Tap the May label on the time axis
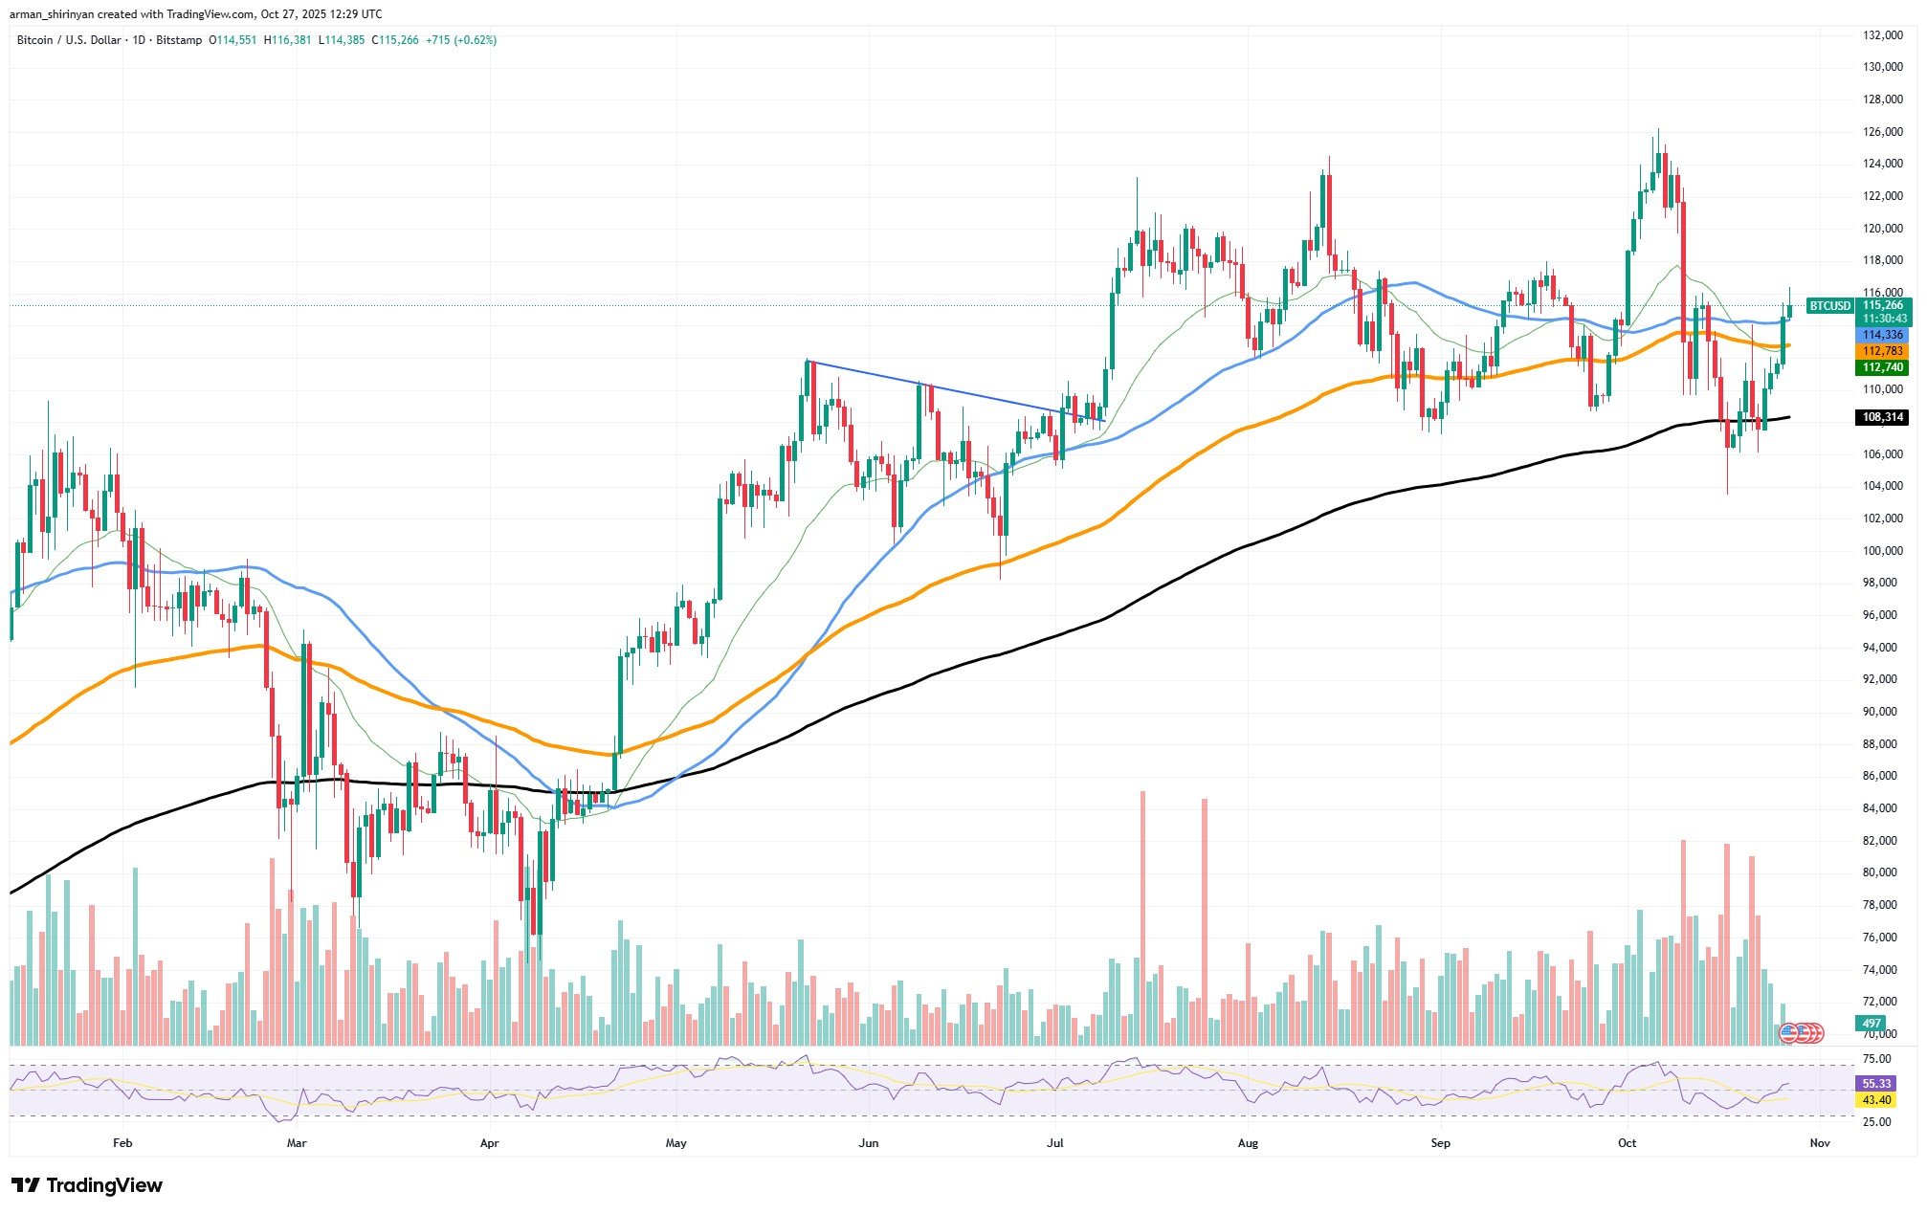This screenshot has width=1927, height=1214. coord(676,1142)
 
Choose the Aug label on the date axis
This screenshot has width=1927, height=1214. coord(1248,1142)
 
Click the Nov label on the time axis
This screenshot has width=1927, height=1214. coord(1820,1142)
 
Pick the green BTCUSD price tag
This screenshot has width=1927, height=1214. coord(1828,306)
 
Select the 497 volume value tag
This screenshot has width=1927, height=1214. coord(1872,1024)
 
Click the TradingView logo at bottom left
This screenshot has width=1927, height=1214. coord(86,1185)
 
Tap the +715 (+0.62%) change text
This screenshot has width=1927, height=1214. coord(461,40)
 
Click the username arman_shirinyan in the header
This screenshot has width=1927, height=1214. coord(56,14)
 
